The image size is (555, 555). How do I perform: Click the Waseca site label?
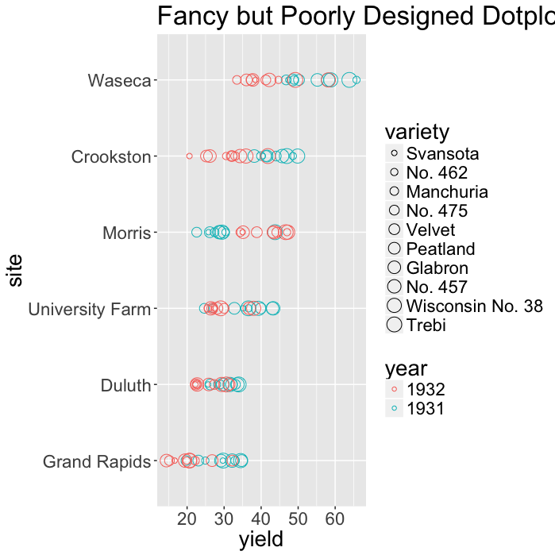pos(119,80)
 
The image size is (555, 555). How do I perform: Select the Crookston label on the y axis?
pos(110,156)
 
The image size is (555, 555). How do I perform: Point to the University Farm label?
pos(89,309)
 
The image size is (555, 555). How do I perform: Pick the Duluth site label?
pos(125,386)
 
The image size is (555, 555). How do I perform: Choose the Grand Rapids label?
pos(96,461)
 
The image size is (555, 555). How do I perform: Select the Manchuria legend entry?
pos(447,191)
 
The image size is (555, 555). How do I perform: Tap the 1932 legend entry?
pos(426,390)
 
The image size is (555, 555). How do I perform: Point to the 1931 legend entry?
pos(426,409)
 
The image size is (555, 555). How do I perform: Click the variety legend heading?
pos(417,130)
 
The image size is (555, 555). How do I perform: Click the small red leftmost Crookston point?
pos(189,156)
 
